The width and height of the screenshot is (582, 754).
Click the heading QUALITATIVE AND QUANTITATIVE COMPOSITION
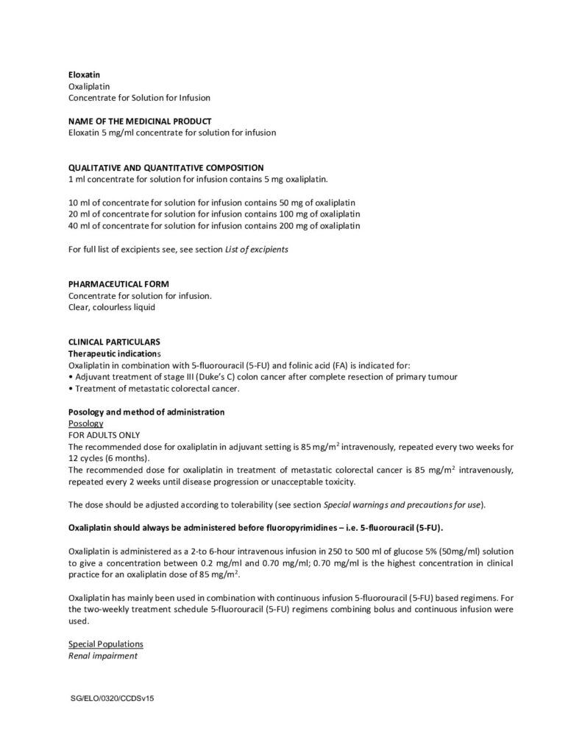tap(166, 167)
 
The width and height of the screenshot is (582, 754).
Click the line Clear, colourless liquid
tap(112, 308)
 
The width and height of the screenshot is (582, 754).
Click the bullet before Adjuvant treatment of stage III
tap(70, 377)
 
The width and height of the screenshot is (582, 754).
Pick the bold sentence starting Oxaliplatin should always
tap(255, 528)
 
